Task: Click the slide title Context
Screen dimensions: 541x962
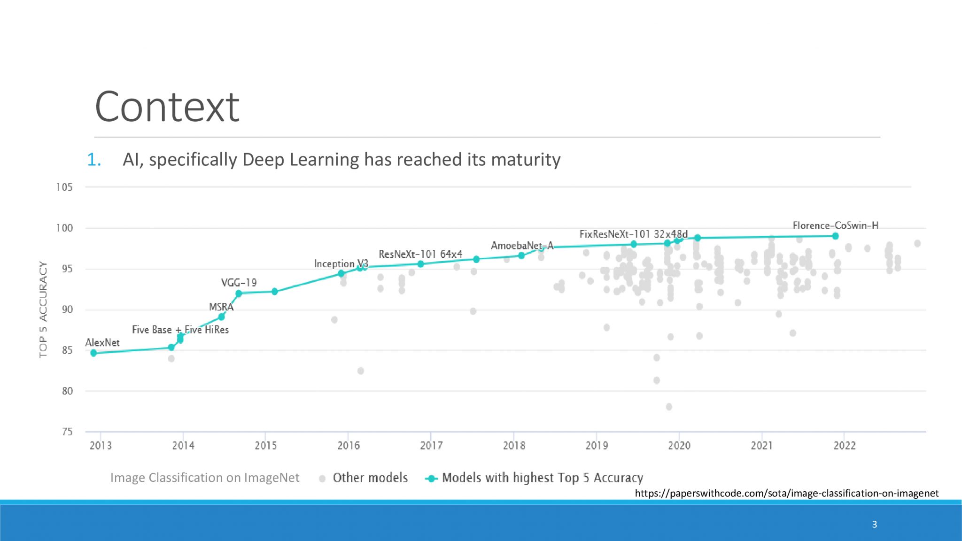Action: pos(167,107)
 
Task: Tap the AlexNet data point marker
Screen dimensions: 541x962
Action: pos(93,353)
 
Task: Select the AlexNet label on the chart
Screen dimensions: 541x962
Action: pos(102,343)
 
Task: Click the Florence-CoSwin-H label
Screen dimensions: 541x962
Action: pos(835,225)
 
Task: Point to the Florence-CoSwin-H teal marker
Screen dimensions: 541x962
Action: pos(835,236)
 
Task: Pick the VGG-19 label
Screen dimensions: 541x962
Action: pos(239,283)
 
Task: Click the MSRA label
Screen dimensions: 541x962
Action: pos(221,307)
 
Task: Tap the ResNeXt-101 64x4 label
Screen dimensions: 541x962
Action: pos(420,254)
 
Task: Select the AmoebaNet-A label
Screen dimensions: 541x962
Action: pos(522,246)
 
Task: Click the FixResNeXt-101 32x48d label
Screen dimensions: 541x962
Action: pos(633,234)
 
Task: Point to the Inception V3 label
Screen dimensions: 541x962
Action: pos(341,264)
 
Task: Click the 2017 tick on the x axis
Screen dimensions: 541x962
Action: pos(431,445)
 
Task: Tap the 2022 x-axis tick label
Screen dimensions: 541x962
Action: pos(844,445)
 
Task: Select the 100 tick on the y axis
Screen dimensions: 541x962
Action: pos(65,228)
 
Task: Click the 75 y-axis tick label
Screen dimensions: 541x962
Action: pos(67,432)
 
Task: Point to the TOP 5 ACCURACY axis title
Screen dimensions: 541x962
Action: pos(43,310)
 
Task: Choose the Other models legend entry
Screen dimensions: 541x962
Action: pos(370,478)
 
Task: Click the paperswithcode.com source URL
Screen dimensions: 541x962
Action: pos(786,493)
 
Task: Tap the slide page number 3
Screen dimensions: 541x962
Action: pos(874,524)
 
